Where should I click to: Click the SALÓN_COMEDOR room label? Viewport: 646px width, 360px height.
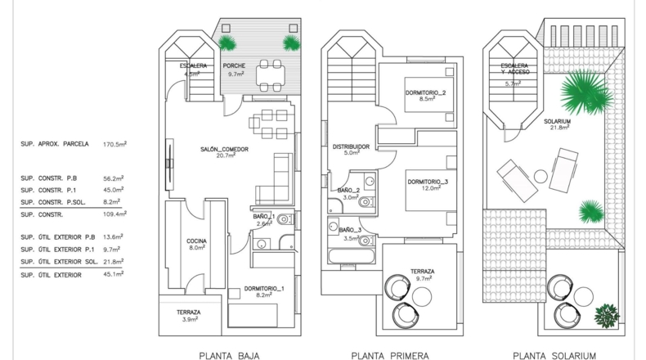225,149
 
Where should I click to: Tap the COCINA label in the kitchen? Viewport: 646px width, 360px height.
196,241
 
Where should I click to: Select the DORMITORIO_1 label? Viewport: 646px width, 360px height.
264,289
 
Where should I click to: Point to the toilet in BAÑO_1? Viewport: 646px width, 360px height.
285,219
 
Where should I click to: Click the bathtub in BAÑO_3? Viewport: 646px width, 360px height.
352,256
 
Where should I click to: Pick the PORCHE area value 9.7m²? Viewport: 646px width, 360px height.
236,74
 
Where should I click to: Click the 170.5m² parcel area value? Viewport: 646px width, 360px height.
114,144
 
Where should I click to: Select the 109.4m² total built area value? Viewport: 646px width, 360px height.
114,214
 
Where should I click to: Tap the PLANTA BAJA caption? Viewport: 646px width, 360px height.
229,356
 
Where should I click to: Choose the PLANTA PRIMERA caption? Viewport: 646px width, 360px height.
390,356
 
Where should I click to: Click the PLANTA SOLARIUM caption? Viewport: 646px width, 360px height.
554,356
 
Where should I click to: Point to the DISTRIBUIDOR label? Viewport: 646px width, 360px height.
351,146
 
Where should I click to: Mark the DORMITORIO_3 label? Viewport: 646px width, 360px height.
428,182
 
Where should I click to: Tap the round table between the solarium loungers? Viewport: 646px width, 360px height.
541,177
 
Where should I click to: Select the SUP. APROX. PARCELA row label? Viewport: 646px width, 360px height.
55,144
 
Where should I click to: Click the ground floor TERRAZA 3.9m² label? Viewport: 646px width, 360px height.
189,316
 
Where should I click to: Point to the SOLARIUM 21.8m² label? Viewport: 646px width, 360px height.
557,124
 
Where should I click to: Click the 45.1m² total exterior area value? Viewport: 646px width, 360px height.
114,275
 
